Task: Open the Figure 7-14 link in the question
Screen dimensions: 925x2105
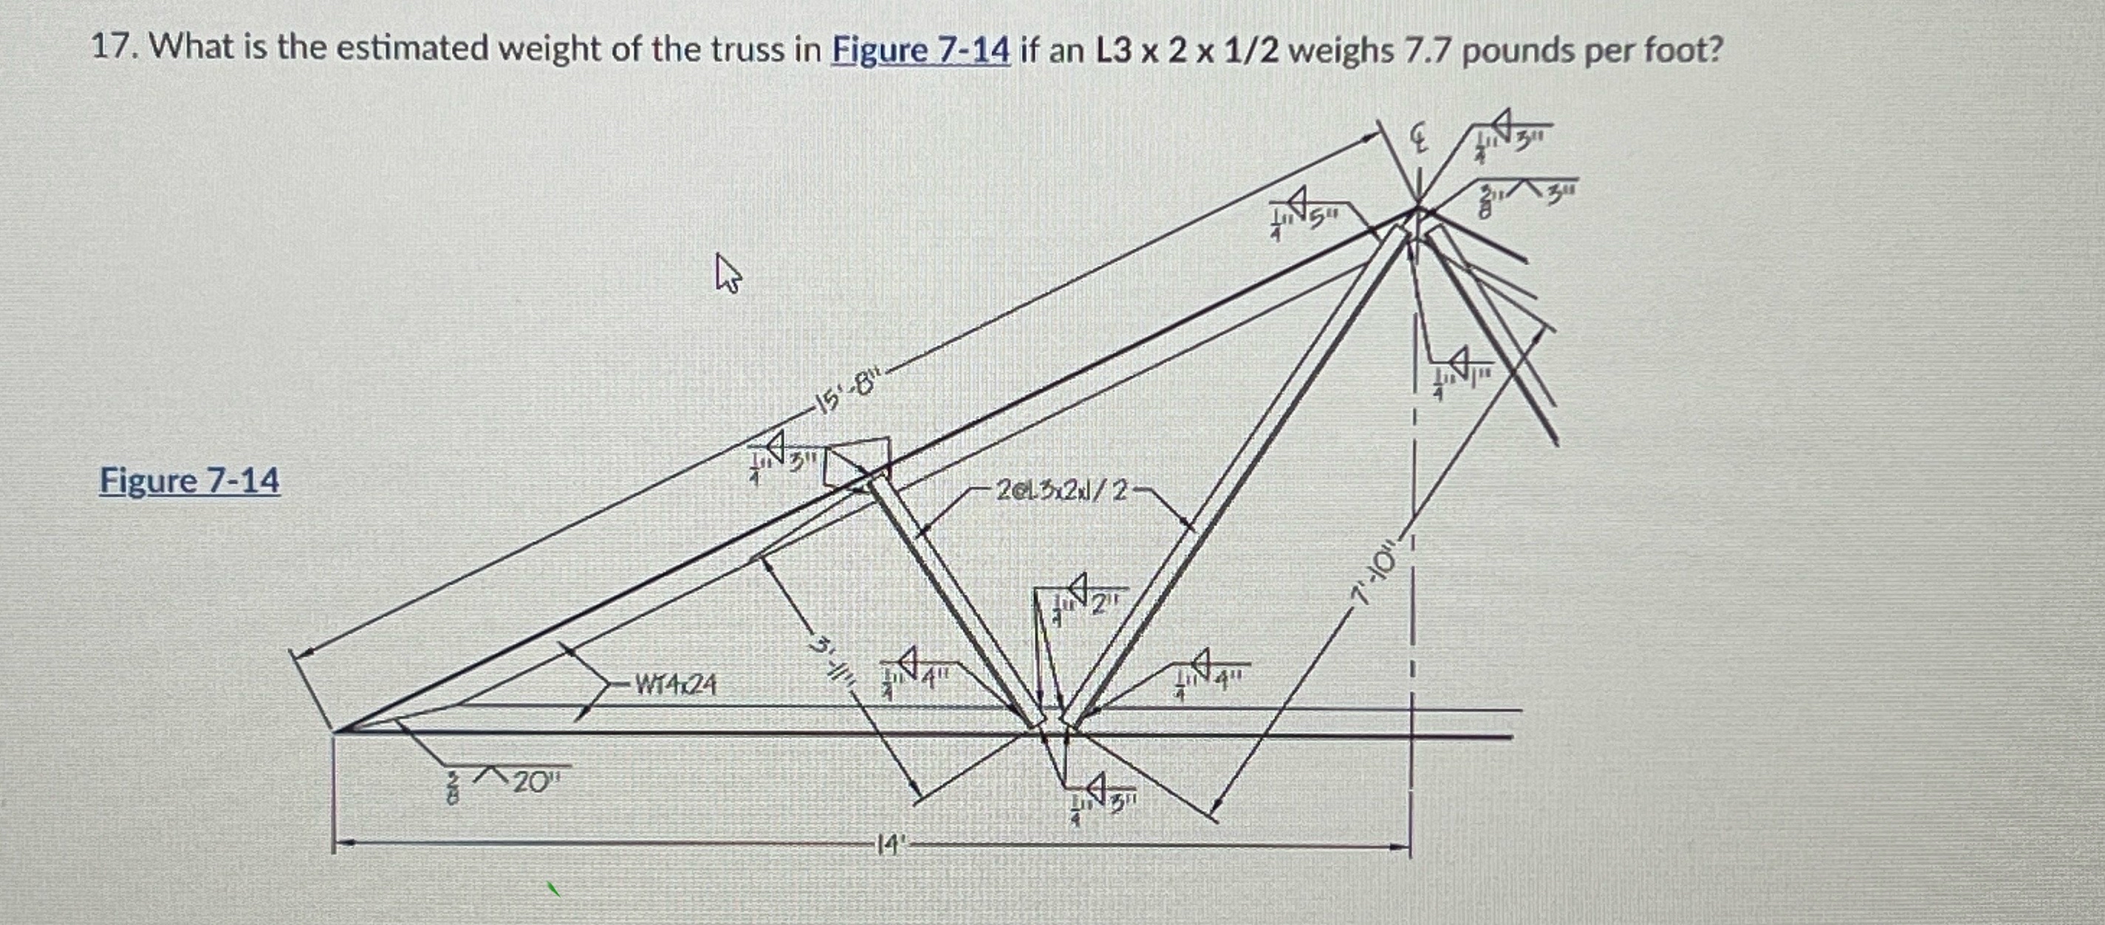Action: click(920, 51)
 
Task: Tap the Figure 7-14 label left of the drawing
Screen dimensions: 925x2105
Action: click(190, 480)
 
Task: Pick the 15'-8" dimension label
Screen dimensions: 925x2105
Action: click(850, 398)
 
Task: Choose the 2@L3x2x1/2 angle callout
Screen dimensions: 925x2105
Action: click(1061, 491)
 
